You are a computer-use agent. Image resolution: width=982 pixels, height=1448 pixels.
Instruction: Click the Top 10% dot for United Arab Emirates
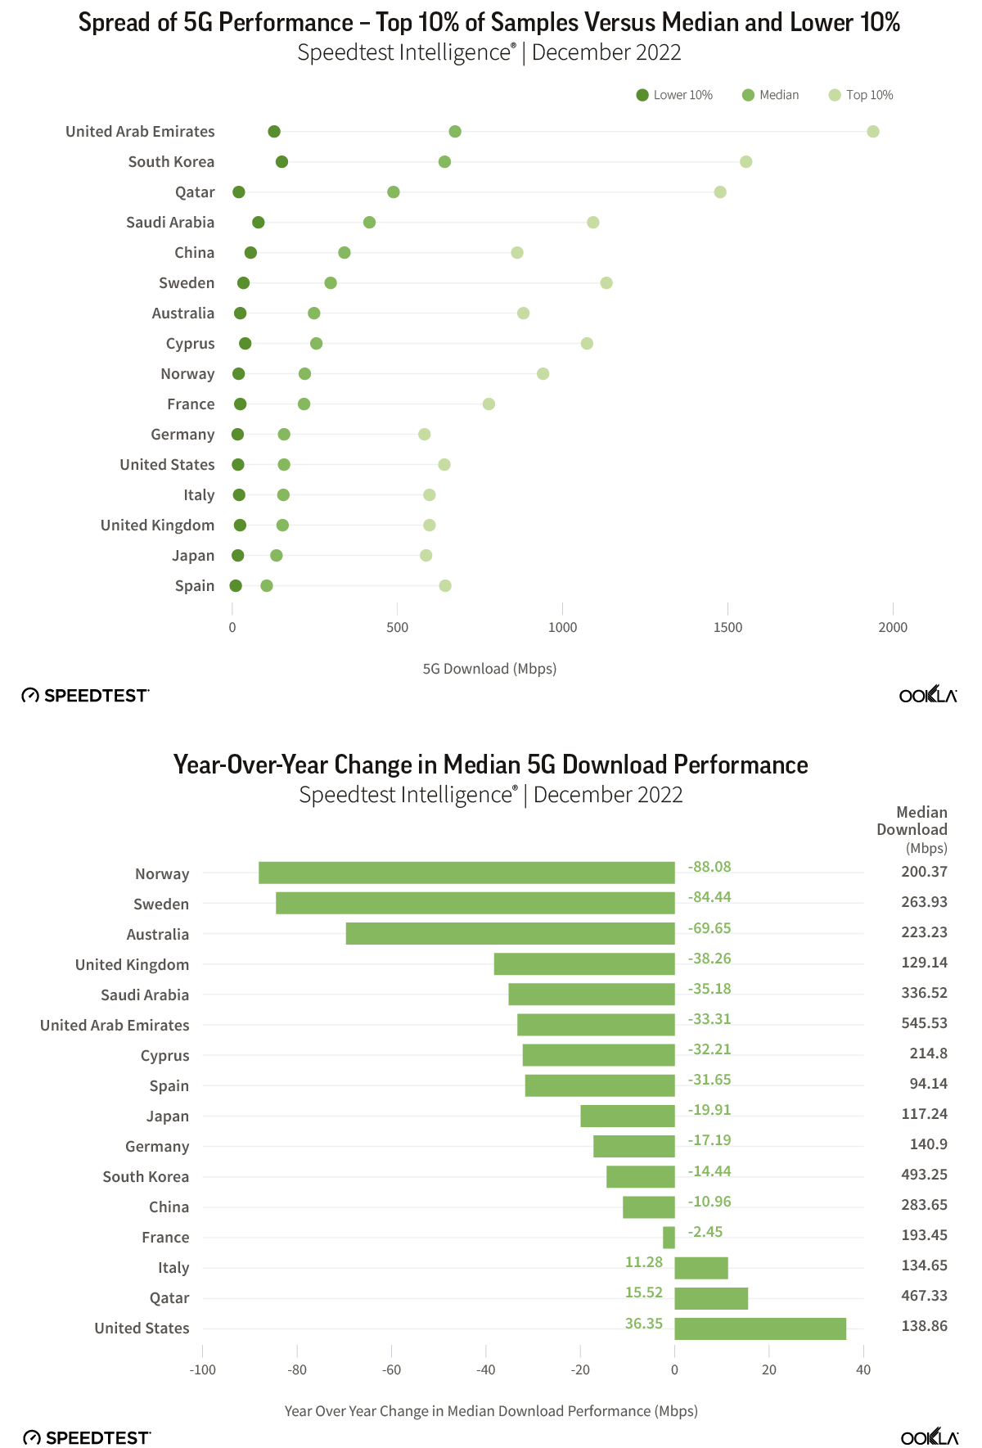point(873,132)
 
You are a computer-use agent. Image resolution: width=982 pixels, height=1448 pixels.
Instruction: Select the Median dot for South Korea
point(444,162)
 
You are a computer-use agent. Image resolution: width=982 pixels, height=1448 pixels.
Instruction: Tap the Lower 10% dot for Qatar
point(239,192)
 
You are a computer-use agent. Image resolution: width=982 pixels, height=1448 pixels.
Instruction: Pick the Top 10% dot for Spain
point(445,585)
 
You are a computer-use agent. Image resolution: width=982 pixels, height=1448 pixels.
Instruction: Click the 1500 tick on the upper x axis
point(727,627)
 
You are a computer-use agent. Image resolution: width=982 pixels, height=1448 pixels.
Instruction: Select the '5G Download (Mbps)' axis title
point(489,669)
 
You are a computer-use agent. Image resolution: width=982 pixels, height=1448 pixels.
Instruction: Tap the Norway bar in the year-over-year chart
point(466,873)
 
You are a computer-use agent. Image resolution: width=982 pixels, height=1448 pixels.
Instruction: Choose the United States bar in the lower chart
point(760,1328)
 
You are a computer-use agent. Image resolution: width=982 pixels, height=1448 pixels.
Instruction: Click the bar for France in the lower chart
point(669,1238)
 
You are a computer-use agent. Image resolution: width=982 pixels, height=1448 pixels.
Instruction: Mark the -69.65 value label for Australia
point(709,928)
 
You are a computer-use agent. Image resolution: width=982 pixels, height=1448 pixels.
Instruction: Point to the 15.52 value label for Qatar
point(644,1292)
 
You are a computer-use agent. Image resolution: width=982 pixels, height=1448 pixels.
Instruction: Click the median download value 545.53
point(924,1023)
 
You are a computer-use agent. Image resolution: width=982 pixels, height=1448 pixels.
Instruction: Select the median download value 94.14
point(928,1084)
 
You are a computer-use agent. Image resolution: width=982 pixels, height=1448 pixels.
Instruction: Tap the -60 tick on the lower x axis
point(391,1370)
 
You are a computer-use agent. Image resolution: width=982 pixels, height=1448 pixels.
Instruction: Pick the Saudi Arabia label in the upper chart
point(170,223)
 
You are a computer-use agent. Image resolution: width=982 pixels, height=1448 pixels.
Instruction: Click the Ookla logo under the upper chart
point(928,696)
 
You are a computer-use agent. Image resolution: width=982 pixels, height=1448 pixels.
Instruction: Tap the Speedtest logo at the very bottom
point(87,1438)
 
